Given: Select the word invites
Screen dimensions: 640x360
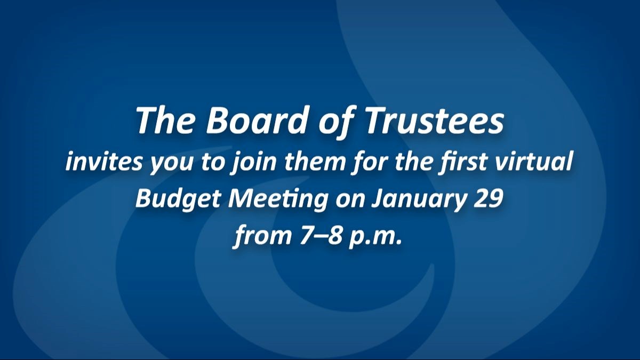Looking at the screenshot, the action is click(103, 162).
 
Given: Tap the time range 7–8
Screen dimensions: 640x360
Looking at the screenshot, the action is click(321, 236).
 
